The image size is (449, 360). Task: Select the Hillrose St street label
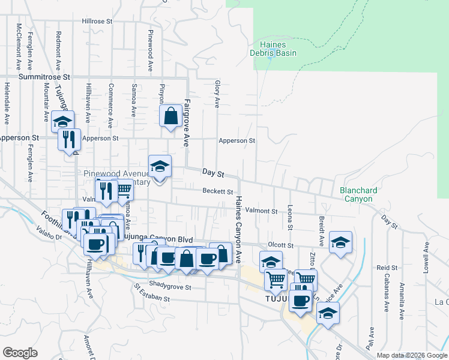pyautogui.click(x=97, y=21)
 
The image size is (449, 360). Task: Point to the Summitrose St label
pyautogui.click(x=44, y=77)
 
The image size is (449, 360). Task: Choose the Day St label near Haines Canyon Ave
pyautogui.click(x=212, y=173)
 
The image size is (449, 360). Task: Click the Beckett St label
pyautogui.click(x=217, y=192)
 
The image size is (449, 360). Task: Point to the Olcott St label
pyautogui.click(x=280, y=245)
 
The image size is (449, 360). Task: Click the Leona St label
pyautogui.click(x=290, y=219)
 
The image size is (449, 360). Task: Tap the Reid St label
pyautogui.click(x=387, y=267)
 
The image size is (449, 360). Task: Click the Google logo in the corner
pyautogui.click(x=20, y=353)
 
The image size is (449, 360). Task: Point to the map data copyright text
pyautogui.click(x=412, y=355)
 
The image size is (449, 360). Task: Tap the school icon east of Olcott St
pyautogui.click(x=340, y=242)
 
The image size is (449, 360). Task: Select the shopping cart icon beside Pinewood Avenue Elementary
pyautogui.click(x=123, y=190)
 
